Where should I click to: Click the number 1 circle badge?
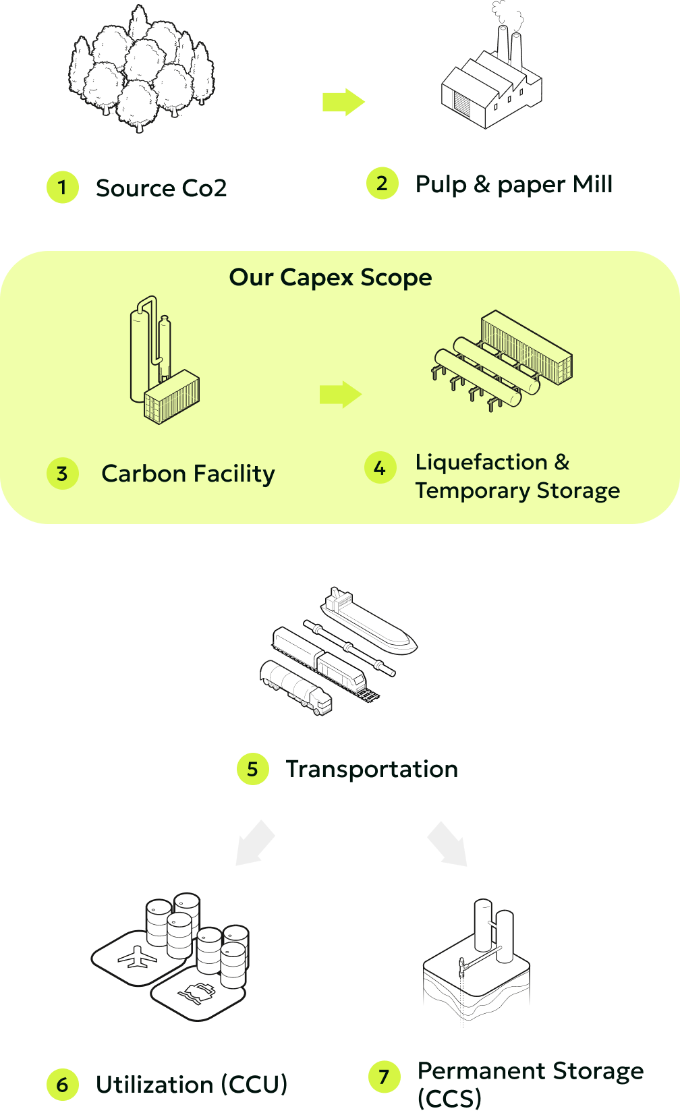(63, 187)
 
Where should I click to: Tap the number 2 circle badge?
(382, 183)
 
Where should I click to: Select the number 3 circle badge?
(63, 474)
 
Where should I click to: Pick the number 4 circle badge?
(380, 468)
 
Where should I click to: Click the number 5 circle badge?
(253, 769)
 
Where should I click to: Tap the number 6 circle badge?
(63, 1085)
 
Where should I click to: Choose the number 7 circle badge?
(385, 1077)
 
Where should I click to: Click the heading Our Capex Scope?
(331, 277)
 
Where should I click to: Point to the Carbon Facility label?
(188, 474)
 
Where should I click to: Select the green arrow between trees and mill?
(343, 102)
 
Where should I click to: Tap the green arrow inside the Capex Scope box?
(341, 395)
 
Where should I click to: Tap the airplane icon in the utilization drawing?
(137, 958)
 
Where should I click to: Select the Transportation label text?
(372, 769)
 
